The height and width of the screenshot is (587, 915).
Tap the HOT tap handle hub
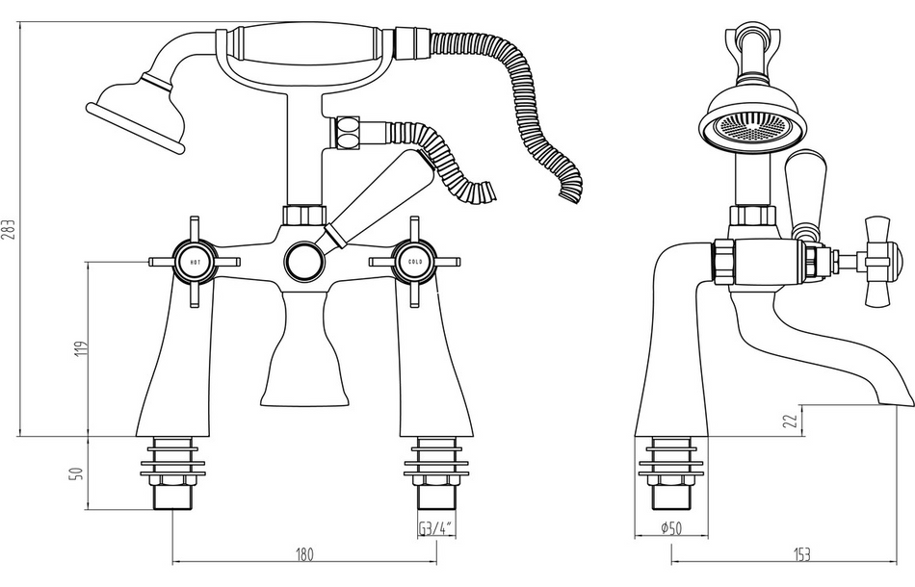click(196, 262)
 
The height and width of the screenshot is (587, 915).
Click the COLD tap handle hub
click(414, 262)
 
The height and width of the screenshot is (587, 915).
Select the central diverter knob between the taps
click(305, 261)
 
